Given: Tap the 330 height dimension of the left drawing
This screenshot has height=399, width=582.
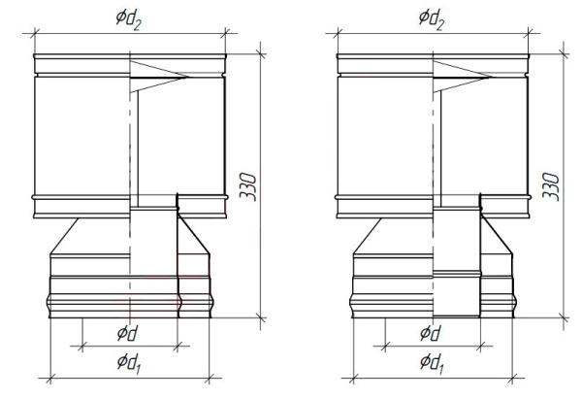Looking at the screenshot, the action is tap(248, 186).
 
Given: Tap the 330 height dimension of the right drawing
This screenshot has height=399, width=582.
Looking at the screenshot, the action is tap(551, 186).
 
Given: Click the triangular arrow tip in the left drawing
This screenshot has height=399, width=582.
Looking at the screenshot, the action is tap(188, 78).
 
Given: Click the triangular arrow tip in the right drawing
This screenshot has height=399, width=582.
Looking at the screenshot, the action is tap(491, 78).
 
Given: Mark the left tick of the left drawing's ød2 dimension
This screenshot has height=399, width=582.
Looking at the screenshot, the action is tap(35, 33).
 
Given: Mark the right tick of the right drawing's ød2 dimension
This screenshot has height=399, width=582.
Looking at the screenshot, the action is tap(528, 33).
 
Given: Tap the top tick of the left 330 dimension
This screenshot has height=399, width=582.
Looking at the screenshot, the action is tap(261, 54).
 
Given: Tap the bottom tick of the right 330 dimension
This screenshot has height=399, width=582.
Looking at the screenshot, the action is tap(565, 318).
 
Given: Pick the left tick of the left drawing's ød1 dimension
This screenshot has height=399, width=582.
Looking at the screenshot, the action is tap(50, 379).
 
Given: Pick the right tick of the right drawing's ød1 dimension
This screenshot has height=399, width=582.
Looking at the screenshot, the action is tap(512, 379).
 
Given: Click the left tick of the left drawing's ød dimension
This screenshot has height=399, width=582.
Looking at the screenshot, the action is tap(82, 347).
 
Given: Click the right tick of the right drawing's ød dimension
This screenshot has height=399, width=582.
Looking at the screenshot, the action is tap(481, 347).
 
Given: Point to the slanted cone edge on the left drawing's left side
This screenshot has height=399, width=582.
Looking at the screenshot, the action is tap(64, 236).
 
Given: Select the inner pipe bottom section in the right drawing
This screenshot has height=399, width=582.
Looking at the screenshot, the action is tap(457, 294).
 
